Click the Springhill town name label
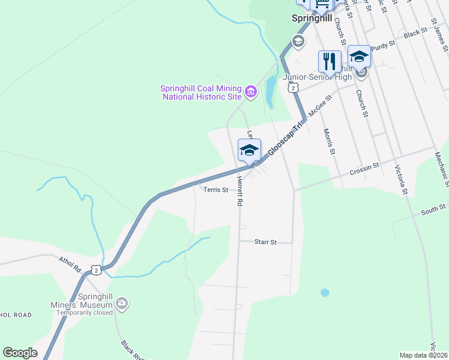point(312,18)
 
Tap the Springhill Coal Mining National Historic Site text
point(201,92)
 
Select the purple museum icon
point(251,92)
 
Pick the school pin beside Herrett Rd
point(249,151)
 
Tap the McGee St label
point(320,106)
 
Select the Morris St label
point(328,142)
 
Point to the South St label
point(433,208)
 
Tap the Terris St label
point(215,190)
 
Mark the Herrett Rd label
point(238,191)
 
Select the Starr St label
point(265,242)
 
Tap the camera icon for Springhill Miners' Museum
point(122,304)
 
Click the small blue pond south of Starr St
point(325,293)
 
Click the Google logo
point(20,353)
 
